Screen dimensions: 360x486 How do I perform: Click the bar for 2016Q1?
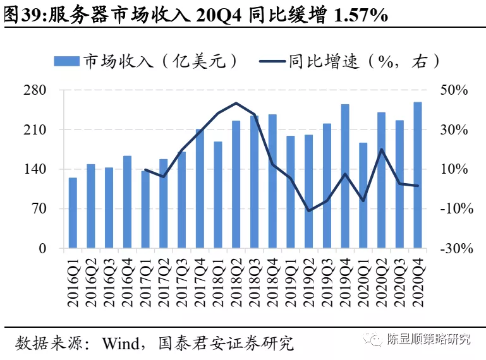(x=73, y=213)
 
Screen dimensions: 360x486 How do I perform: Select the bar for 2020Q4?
(x=418, y=175)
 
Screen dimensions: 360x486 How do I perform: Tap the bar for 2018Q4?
(x=272, y=181)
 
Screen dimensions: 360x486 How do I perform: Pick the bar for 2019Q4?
(x=345, y=176)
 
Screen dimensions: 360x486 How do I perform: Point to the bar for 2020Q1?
(x=363, y=195)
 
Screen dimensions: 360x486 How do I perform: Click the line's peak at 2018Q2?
(x=236, y=103)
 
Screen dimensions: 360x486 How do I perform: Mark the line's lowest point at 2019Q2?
(x=308, y=210)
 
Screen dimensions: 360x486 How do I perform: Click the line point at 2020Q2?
(x=381, y=150)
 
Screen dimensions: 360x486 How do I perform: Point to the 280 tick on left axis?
(x=35, y=90)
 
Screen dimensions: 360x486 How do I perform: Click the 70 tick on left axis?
(x=39, y=209)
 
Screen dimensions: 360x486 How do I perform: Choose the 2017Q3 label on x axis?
(x=181, y=279)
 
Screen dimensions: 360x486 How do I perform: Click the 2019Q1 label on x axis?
(x=291, y=279)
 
